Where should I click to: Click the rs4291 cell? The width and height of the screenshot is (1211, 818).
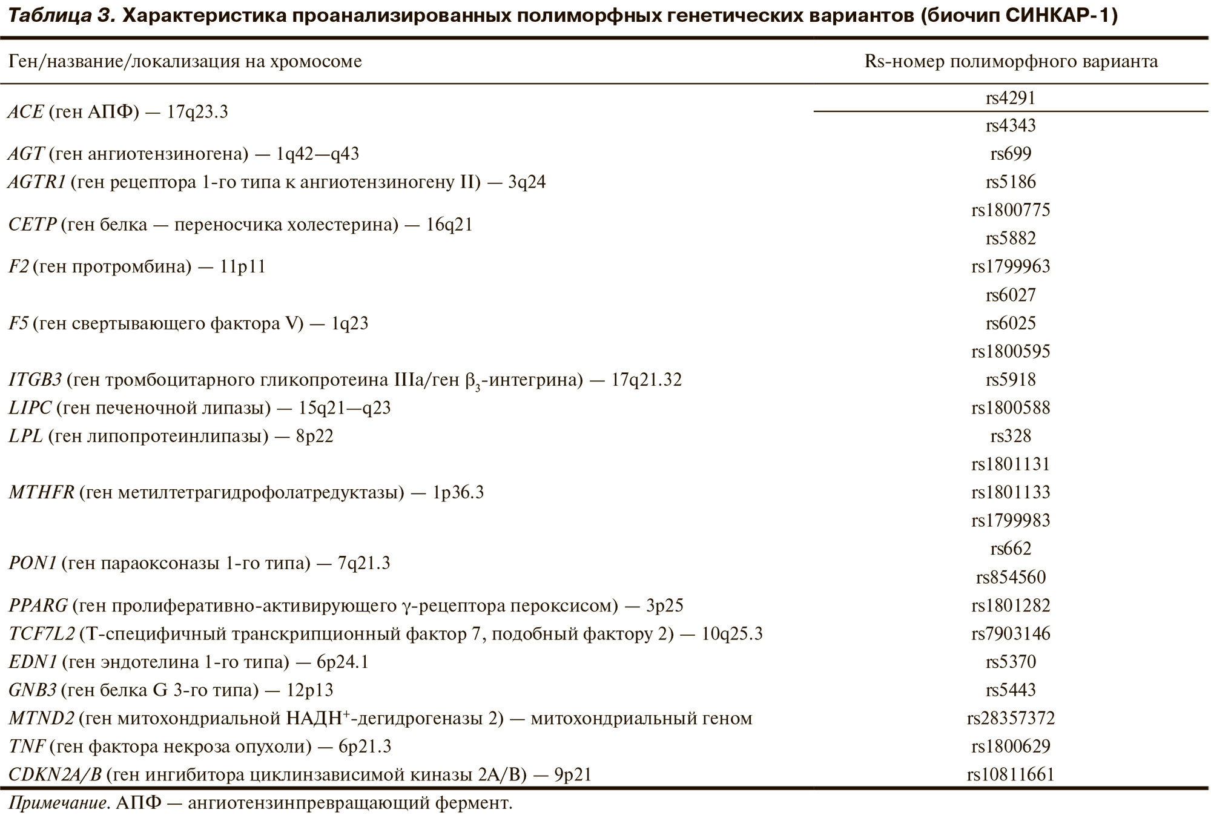(x=1011, y=98)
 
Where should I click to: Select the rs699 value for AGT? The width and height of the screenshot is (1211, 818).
(x=1011, y=154)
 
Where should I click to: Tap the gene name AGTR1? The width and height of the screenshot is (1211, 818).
(x=37, y=182)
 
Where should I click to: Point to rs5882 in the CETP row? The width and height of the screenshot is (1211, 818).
(x=1011, y=239)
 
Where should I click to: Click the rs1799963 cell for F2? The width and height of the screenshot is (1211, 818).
(x=1011, y=267)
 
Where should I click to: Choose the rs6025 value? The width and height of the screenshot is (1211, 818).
(x=1011, y=323)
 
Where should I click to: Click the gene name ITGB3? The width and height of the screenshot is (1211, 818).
(x=35, y=380)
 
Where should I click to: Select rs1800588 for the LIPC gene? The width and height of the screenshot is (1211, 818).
(x=1011, y=408)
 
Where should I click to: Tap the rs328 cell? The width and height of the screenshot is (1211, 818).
(x=1011, y=436)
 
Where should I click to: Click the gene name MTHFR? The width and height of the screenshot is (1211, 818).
(x=41, y=493)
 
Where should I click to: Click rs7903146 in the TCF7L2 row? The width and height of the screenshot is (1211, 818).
(x=1011, y=634)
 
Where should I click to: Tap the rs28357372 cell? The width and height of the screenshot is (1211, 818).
(x=1011, y=719)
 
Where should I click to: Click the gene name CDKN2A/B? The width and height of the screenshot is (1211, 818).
(x=55, y=775)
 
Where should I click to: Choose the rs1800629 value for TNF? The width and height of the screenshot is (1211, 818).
(x=1011, y=747)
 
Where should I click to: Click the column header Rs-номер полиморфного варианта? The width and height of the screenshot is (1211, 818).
(x=1011, y=62)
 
